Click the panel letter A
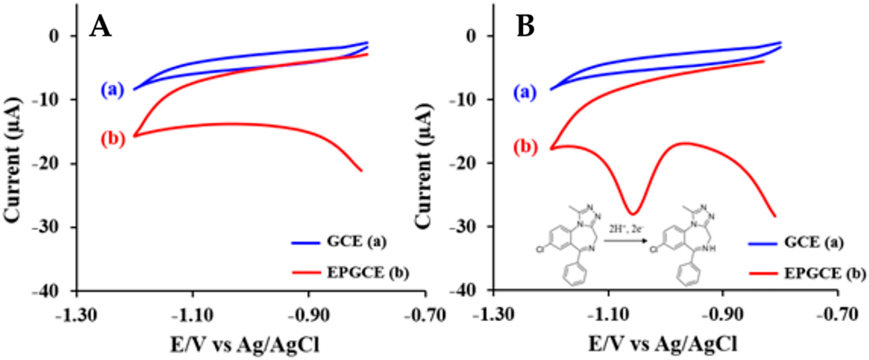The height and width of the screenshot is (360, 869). coord(100,27)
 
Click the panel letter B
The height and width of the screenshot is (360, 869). coord(526,27)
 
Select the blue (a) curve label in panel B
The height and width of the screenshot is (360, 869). coord(525,93)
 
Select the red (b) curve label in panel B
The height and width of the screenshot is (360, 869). coord(525,148)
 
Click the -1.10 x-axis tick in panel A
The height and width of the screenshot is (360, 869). coord(192,316)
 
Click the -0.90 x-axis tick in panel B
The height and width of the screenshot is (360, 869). coord(723,316)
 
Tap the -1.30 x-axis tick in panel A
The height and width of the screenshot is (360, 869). coord(78,316)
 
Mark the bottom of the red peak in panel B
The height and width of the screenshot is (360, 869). coord(633,214)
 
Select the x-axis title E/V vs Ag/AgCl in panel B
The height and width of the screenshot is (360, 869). coord(663,345)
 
